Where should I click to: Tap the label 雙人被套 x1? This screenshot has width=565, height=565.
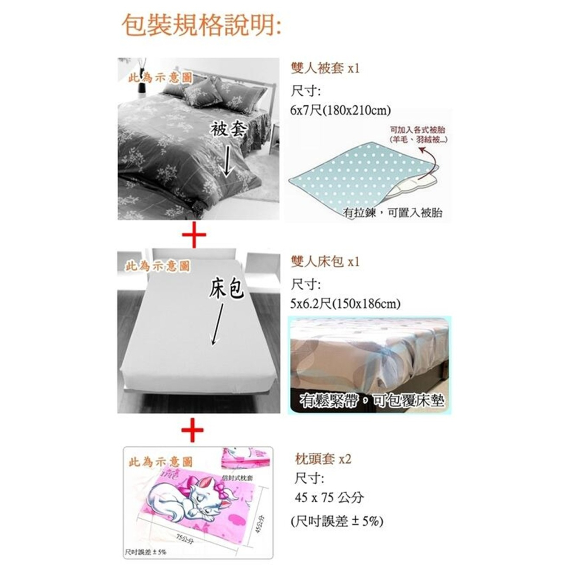coord(324,69)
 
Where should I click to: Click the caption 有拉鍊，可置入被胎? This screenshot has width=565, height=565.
coord(393,212)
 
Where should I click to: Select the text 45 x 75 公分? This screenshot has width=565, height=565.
coord(329,498)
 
